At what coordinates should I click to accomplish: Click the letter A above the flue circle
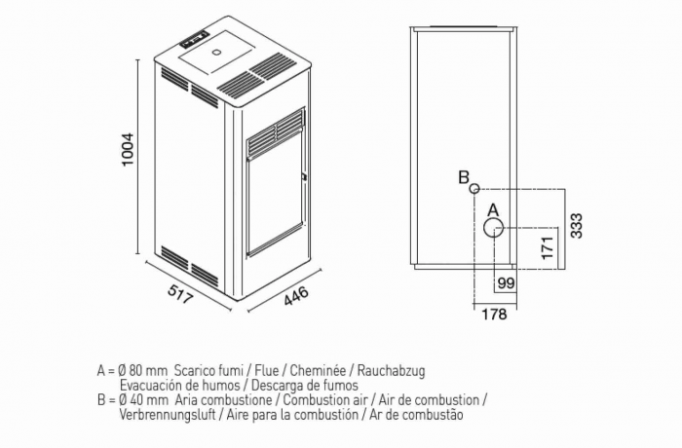click(493, 209)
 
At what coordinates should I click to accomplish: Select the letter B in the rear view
click(464, 177)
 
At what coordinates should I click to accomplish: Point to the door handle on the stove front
click(304, 176)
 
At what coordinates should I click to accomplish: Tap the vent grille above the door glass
click(277, 132)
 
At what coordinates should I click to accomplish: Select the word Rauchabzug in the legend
click(392, 371)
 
